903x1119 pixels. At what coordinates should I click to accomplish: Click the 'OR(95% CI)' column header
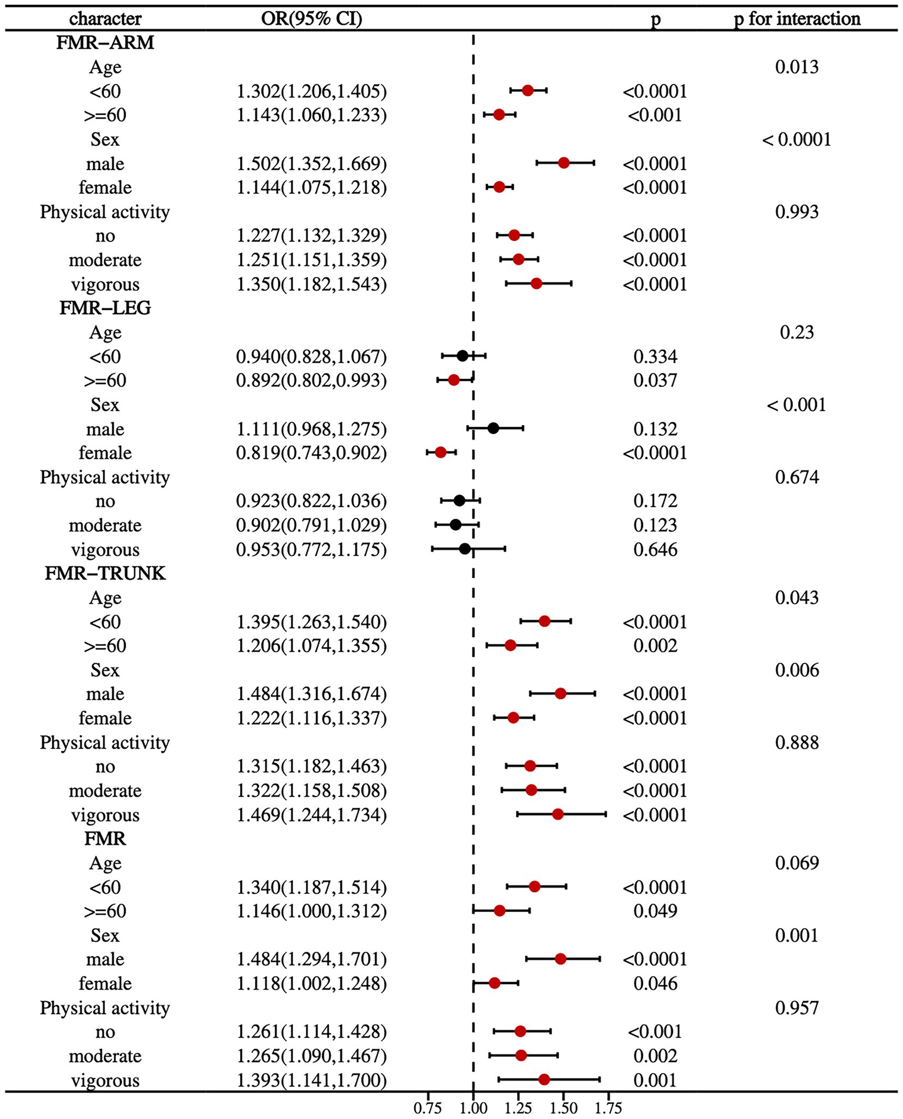[311, 19]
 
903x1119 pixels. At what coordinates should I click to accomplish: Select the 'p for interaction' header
[797, 19]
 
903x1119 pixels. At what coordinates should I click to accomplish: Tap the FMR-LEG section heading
[105, 308]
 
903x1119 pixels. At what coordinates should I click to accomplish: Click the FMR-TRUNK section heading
[105, 573]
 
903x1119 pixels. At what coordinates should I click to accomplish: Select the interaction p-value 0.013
[797, 67]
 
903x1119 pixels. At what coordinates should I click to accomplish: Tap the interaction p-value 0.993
[797, 211]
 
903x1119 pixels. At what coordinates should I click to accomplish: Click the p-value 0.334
[655, 357]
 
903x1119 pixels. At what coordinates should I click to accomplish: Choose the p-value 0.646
[655, 550]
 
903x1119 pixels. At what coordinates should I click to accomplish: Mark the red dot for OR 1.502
[564, 163]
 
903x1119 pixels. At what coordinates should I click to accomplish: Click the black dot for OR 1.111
[493, 428]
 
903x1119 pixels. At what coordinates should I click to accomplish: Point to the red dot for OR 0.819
[441, 452]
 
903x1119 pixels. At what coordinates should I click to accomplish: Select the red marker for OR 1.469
[557, 814]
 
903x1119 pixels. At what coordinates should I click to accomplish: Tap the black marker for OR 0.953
[465, 549]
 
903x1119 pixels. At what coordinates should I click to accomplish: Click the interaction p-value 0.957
[797, 1008]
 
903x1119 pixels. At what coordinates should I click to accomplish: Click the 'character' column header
[105, 19]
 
